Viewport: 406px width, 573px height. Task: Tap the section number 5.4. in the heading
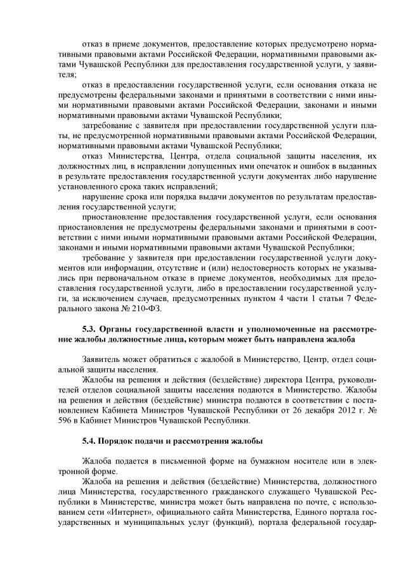pos(89,441)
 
